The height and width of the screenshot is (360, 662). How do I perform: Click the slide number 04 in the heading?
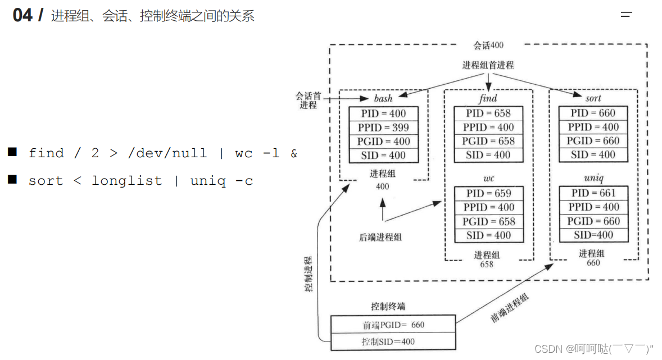tap(23, 15)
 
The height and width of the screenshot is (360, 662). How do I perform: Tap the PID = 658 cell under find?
tap(488, 113)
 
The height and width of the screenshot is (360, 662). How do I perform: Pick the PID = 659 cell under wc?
tap(488, 193)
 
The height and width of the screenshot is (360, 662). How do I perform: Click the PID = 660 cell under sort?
tap(593, 113)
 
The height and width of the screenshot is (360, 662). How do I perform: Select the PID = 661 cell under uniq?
tap(593, 193)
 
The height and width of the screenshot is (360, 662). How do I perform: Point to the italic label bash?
tap(383, 99)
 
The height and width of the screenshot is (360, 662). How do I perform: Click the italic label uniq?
tap(593, 179)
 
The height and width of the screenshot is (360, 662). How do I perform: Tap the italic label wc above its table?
tap(488, 179)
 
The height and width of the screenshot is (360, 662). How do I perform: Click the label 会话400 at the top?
tap(488, 45)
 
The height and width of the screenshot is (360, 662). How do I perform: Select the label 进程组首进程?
tap(488, 65)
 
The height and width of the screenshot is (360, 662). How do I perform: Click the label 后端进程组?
tap(380, 237)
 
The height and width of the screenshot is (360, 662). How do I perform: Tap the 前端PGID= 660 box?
tap(393, 325)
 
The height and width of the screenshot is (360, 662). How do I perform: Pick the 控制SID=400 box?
tap(393, 341)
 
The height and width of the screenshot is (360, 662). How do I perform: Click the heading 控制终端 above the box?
tap(388, 307)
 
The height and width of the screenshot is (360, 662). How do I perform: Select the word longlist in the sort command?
tap(126, 181)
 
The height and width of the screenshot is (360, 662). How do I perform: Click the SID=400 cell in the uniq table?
tap(593, 235)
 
